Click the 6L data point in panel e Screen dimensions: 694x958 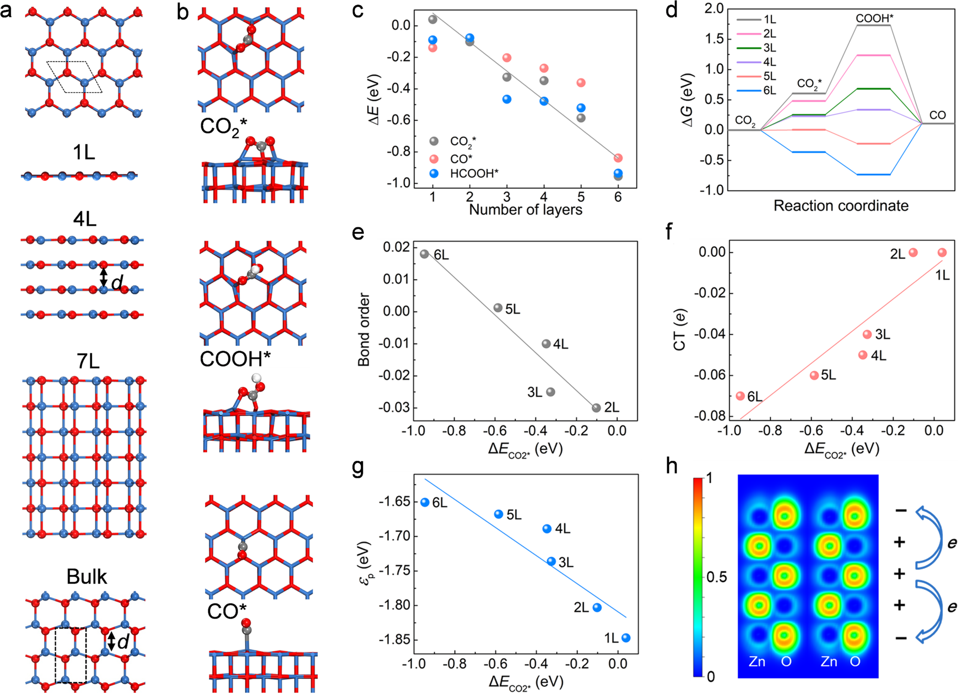click(424, 254)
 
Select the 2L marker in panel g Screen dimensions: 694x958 click(597, 608)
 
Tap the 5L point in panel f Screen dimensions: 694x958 click(814, 375)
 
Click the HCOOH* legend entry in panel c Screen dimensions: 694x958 click(474, 174)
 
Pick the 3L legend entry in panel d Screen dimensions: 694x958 click(769, 48)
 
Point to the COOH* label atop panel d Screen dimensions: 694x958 click(875, 19)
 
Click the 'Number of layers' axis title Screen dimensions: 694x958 click(525, 210)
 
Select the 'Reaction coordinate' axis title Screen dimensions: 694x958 click(841, 205)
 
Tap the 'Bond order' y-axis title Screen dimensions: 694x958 click(363, 330)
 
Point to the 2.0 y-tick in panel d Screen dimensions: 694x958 click(714, 9)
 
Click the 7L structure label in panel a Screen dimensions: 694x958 click(88, 361)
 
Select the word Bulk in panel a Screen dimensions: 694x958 click(86, 577)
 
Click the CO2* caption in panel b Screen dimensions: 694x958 click(223, 127)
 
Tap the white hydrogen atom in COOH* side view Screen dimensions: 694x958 click(257, 378)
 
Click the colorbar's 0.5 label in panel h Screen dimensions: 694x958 click(716, 577)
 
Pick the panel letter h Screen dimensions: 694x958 click(672, 466)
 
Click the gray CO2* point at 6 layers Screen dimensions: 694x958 click(618, 177)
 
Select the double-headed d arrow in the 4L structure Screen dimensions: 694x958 click(103, 277)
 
